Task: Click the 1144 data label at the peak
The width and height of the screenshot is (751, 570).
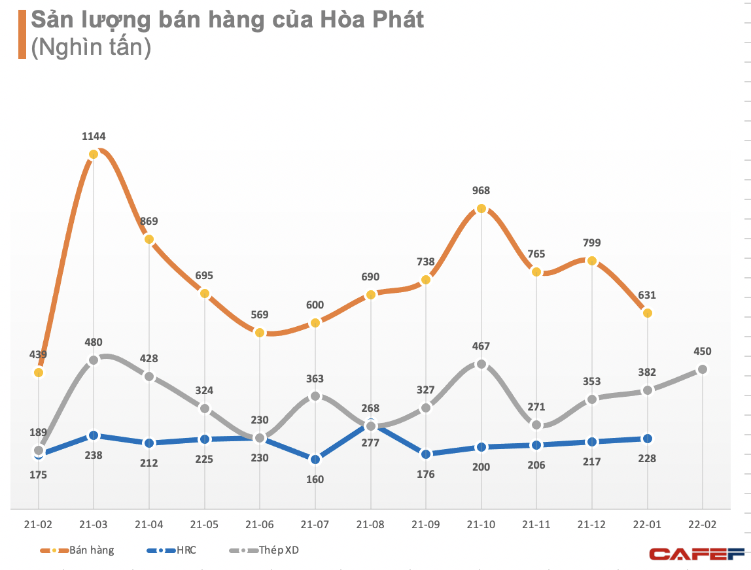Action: tap(94, 137)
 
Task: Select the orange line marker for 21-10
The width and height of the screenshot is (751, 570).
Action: tap(481, 209)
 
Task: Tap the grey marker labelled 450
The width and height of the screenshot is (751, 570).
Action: tap(703, 369)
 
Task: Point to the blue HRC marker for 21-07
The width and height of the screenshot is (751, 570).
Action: tap(315, 460)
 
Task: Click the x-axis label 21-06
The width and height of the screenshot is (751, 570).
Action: tap(260, 524)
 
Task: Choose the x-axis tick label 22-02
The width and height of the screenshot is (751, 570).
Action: tap(703, 524)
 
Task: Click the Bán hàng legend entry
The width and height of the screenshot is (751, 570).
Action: tap(77, 550)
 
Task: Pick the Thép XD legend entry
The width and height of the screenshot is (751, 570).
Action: tap(268, 550)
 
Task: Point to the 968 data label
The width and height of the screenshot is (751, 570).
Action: tap(481, 191)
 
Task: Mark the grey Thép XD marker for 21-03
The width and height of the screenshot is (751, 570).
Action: tap(94, 360)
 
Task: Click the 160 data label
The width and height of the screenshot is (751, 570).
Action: tap(315, 479)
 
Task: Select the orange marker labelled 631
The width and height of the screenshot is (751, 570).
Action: tap(648, 313)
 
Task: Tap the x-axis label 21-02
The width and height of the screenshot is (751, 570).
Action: tap(39, 524)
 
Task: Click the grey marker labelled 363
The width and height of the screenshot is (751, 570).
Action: tap(315, 396)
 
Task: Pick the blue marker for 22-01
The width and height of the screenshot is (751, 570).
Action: tap(648, 439)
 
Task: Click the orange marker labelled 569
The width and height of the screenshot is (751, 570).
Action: tap(260, 333)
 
